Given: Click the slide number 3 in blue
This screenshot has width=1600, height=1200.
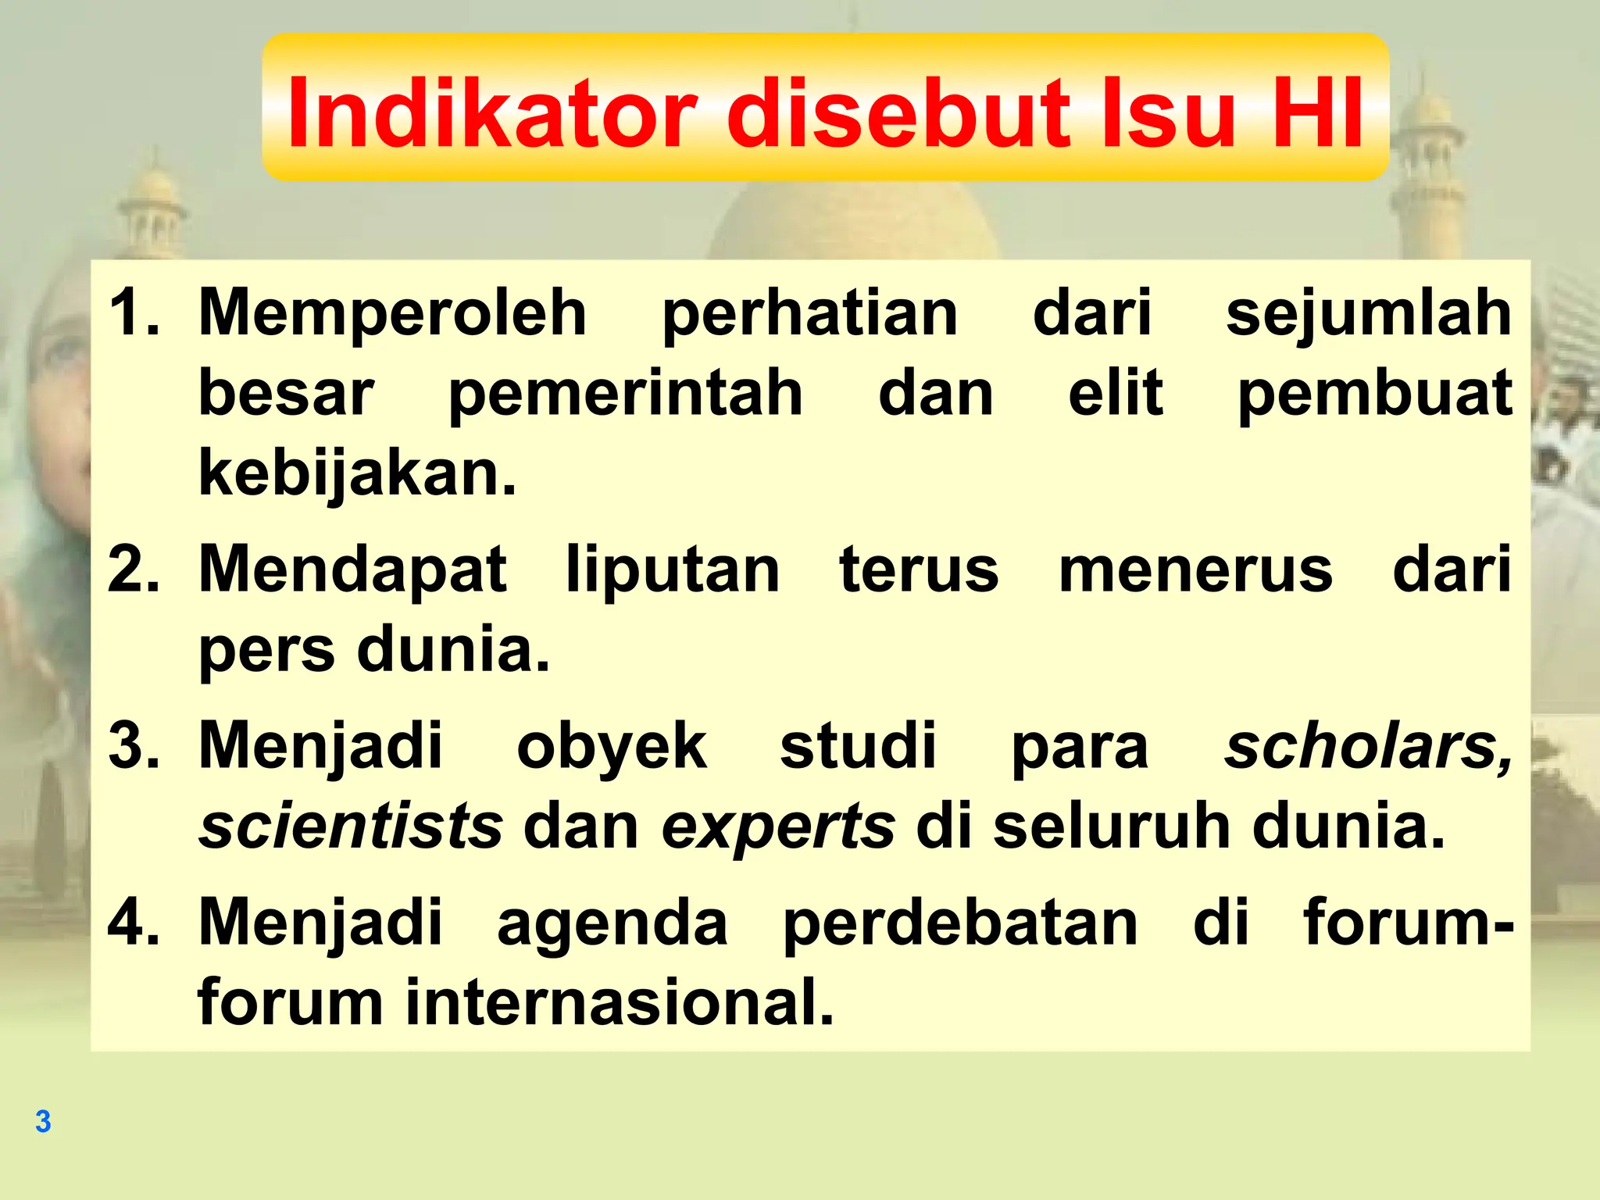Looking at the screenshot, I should [43, 1122].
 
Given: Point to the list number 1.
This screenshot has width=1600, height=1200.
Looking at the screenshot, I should [133, 312].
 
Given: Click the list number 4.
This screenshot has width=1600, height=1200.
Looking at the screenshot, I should [133, 922].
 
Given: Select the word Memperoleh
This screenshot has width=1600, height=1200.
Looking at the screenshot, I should [392, 312].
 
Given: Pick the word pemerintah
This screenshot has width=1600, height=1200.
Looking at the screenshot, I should [625, 394].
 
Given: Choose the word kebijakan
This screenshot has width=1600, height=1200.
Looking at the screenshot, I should [357, 473].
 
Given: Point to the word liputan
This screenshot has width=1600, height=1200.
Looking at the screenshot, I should [673, 570].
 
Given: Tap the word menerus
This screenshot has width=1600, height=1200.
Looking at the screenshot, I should [1195, 570].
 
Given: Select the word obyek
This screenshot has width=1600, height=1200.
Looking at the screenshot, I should [612, 747].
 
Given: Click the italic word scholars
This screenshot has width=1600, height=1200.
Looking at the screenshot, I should [1367, 747].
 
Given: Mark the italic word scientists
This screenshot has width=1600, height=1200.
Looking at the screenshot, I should [351, 827].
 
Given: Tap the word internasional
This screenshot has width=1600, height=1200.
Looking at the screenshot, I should [620, 1002].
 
